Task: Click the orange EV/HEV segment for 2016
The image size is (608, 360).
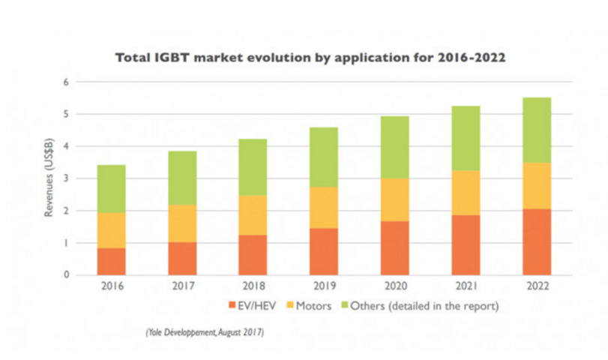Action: [111, 261]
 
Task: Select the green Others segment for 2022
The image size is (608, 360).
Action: [537, 130]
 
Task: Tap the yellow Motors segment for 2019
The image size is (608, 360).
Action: [324, 207]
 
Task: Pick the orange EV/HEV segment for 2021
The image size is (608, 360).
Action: [466, 244]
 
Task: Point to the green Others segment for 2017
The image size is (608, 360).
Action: [182, 178]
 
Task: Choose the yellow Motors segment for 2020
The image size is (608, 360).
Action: [394, 199]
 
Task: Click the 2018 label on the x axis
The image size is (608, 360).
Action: [253, 286]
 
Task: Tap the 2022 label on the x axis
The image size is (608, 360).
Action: [537, 286]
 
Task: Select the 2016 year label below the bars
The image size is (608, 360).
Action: [111, 286]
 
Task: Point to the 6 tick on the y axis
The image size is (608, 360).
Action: [66, 82]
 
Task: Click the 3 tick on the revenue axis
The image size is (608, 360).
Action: [66, 178]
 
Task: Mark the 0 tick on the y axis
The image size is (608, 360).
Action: [66, 275]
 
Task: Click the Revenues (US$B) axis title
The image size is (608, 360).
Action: [49, 178]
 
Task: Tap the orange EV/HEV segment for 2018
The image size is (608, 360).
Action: [253, 255]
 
